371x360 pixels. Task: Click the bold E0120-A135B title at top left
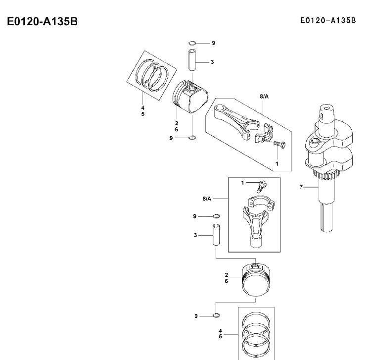(x=42, y=21)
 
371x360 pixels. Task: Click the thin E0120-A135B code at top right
(x=328, y=21)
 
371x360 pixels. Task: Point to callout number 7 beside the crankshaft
(x=301, y=187)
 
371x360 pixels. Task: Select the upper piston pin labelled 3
(x=192, y=60)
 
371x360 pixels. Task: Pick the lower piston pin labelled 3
(x=216, y=235)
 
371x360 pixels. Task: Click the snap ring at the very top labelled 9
(x=192, y=43)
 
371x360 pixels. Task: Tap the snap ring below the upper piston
(x=192, y=138)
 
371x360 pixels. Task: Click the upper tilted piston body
(x=190, y=96)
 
